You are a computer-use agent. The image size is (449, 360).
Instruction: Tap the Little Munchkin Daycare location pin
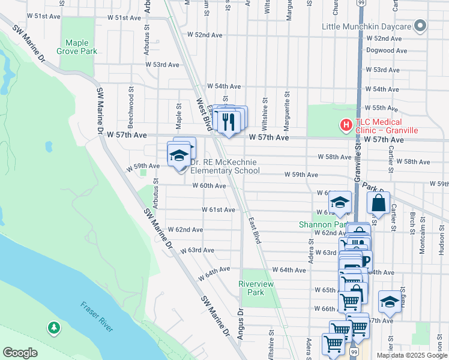coord(420,26)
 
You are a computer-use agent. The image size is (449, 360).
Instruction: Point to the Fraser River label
coord(97,317)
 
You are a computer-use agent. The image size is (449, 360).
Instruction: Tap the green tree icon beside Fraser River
coord(54,328)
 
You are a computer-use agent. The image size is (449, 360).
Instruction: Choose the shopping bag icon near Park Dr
coord(379,203)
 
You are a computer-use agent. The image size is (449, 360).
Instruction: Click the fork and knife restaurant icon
coord(228,122)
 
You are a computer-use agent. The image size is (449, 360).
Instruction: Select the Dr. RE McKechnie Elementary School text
coord(224,166)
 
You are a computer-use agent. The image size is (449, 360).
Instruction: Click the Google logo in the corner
coord(20,353)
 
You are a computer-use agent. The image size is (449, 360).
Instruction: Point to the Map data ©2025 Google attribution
coord(411,355)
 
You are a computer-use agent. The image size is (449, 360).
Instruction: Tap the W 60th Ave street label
coord(209,186)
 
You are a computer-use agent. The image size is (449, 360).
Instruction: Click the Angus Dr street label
coord(240,324)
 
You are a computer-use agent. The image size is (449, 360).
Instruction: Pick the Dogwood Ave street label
coord(387,50)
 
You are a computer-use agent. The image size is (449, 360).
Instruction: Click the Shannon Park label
coord(323,225)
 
